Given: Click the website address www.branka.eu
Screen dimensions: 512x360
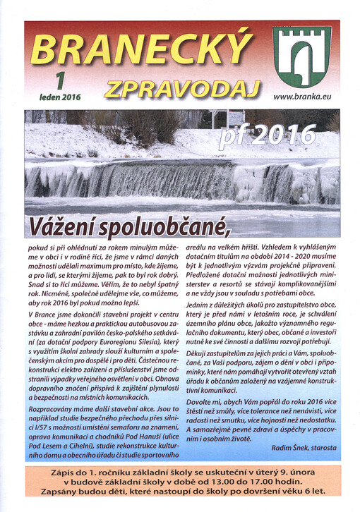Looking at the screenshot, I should pos(303,96).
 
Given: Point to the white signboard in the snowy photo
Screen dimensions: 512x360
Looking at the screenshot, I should pos(227,118).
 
